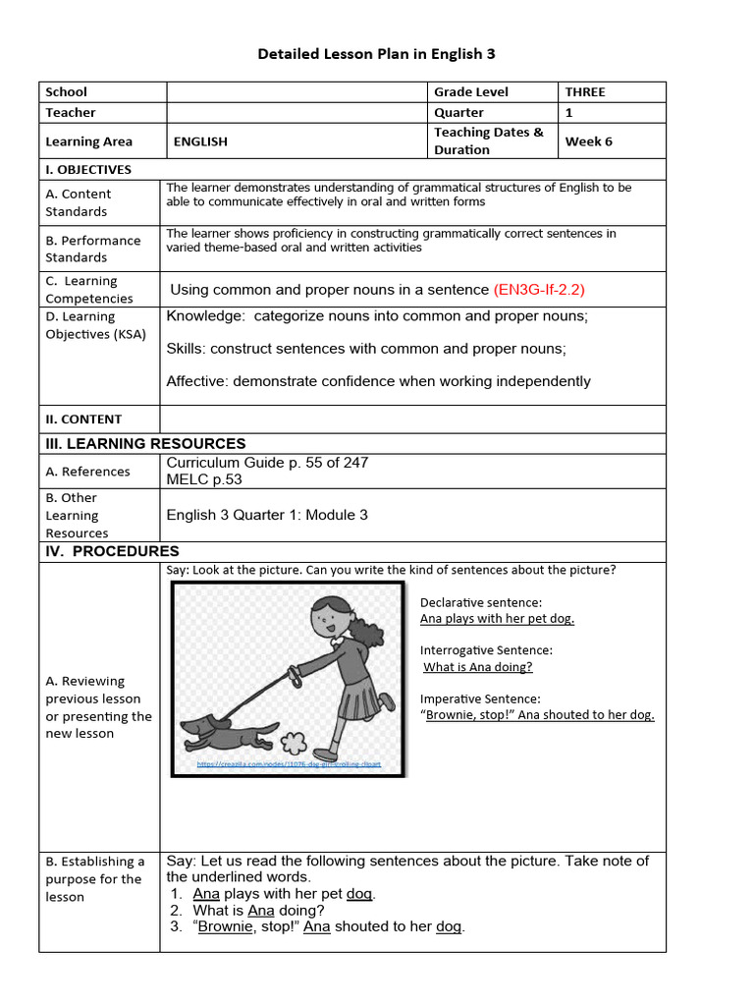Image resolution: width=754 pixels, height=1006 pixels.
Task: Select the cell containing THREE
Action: [585, 92]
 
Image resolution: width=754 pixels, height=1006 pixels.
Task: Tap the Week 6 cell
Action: [588, 141]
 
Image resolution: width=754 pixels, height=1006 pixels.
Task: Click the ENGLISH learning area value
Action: [200, 141]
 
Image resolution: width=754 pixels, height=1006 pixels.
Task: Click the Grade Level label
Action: [471, 92]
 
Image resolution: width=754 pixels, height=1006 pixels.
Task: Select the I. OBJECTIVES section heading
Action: [88, 170]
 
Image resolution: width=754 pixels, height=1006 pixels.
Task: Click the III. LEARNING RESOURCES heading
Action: [145, 444]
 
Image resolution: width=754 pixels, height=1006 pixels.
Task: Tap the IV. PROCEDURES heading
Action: [112, 552]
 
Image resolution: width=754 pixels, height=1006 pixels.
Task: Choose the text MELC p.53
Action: [204, 479]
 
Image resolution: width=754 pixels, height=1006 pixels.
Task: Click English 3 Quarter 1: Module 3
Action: [267, 515]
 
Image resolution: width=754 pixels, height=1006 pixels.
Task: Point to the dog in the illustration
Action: [229, 733]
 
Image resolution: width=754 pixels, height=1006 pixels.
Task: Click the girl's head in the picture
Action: [329, 618]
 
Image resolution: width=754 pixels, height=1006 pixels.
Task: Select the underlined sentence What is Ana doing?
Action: [478, 667]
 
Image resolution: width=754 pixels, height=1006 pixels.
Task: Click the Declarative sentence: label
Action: [481, 602]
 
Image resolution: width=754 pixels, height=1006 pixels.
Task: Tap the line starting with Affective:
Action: [378, 381]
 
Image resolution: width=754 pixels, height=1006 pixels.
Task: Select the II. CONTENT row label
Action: [83, 419]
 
